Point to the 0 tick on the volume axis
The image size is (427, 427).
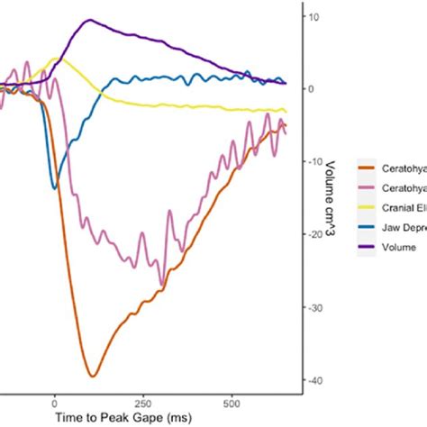click(310, 89)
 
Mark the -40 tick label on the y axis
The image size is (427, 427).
click(313, 381)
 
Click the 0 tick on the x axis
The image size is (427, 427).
click(55, 403)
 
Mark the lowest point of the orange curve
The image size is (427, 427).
click(92, 376)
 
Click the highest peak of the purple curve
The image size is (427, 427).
click(87, 21)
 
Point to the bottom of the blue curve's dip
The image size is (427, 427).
click(54, 188)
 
